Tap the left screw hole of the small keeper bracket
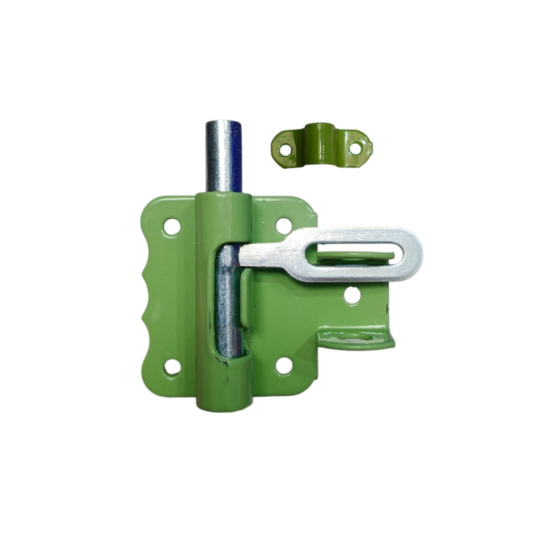(x=285, y=149)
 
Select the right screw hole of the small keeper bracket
(x=355, y=148)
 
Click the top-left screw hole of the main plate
(x=172, y=227)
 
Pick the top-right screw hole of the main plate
(x=284, y=225)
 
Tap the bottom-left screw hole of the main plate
(x=172, y=367)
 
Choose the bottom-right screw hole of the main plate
(x=284, y=366)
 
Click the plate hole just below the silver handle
(x=352, y=296)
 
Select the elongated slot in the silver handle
(x=355, y=254)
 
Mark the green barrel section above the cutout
(x=223, y=215)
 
